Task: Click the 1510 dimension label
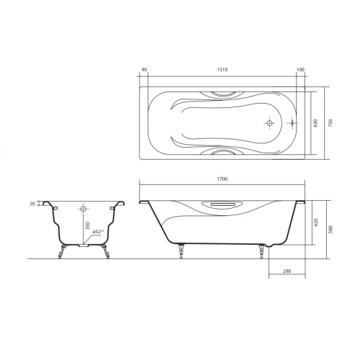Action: tap(222, 70)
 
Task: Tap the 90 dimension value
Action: tap(144, 70)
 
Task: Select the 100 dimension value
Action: tap(300, 70)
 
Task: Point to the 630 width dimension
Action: tap(315, 123)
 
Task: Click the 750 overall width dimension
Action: tap(331, 123)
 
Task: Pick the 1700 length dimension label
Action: tap(222, 179)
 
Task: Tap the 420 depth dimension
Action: tap(315, 222)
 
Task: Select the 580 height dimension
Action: tap(331, 229)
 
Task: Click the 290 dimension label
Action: tap(287, 271)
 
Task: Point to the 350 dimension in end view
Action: tap(88, 226)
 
